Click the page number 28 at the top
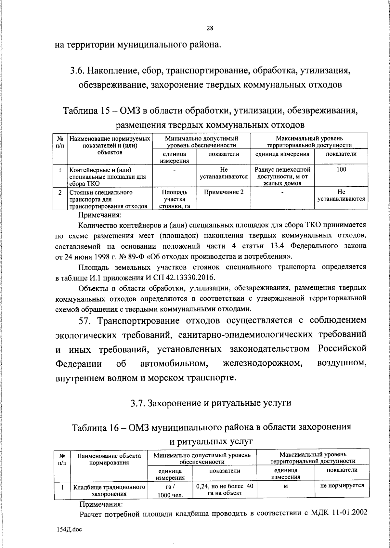(x=210, y=28)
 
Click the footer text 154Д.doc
(x=69, y=529)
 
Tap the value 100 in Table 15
(x=341, y=169)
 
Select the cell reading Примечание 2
(x=224, y=192)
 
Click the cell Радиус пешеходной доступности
(x=282, y=176)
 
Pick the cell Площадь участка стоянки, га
(x=175, y=199)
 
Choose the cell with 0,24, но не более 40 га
(x=225, y=489)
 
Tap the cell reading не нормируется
(x=342, y=486)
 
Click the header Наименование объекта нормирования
(x=109, y=459)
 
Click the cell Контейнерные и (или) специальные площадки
(x=108, y=176)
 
